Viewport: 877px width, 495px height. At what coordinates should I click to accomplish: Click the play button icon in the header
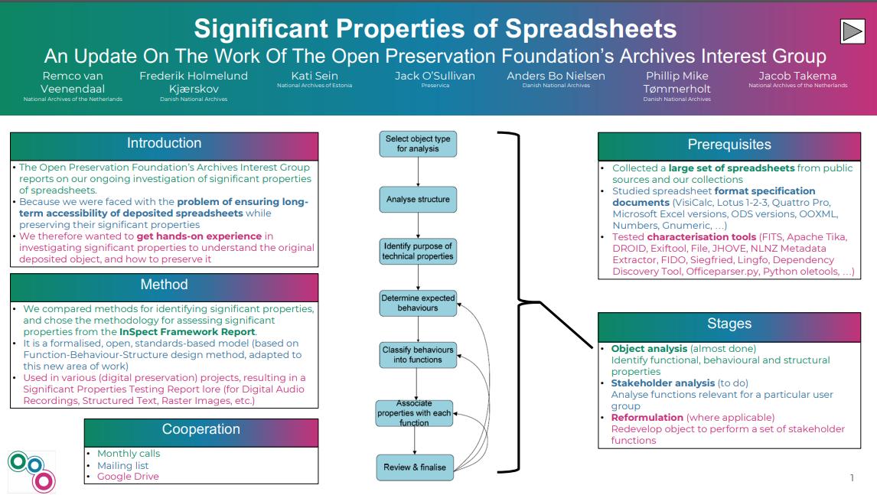[852, 31]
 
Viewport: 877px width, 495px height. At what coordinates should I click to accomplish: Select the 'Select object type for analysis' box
[418, 144]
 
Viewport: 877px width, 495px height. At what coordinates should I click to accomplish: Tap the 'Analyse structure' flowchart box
[418, 200]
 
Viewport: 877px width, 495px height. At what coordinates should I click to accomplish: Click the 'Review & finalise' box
[415, 467]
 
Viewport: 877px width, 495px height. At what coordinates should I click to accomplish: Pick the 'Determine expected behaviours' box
[418, 303]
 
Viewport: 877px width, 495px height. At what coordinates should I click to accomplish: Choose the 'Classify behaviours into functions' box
[418, 354]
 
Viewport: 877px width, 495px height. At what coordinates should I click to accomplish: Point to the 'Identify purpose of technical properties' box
[418, 252]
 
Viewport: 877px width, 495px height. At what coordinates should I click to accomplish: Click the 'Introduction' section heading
[164, 144]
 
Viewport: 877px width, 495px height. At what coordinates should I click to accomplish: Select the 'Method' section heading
[164, 285]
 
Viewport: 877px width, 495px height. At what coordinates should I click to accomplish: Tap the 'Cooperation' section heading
[201, 430]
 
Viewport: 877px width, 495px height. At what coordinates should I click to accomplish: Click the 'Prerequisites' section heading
[729, 145]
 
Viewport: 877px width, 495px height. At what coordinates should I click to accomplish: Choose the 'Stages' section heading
[729, 324]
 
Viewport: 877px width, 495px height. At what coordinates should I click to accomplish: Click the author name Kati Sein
[315, 76]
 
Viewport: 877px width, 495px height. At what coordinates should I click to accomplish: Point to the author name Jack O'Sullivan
[435, 76]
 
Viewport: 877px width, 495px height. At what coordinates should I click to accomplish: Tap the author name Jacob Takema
[797, 76]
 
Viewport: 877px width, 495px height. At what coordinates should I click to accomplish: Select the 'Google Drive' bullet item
[128, 477]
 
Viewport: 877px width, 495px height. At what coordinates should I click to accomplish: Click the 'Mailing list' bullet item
[122, 465]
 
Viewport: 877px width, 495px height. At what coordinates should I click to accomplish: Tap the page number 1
[852, 478]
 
